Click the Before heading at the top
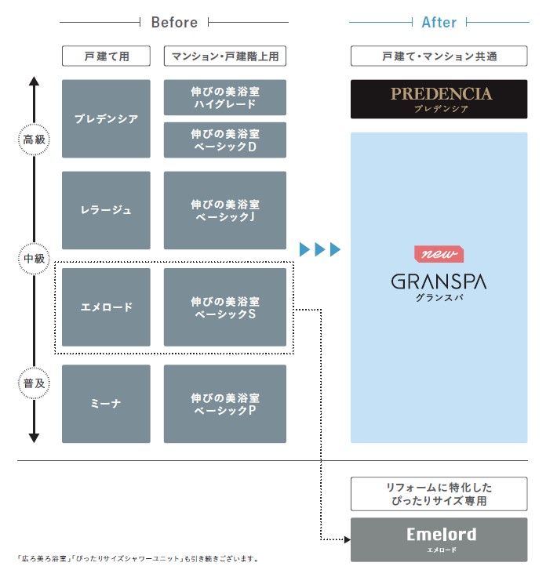pos(174,22)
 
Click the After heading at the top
pos(439,22)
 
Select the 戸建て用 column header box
pos(106,56)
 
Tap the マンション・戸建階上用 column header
pos(225,56)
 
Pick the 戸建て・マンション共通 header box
pos(439,56)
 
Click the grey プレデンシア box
pos(106,119)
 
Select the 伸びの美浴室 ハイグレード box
pos(225,97)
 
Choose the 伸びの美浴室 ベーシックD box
pos(225,140)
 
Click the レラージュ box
pos(106,210)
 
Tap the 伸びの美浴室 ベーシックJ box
pos(225,210)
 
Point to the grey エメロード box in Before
pos(106,307)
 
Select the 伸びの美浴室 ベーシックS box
pos(225,307)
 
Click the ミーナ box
pos(106,404)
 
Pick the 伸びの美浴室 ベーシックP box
pos(225,404)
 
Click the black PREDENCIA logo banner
pos(439,99)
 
